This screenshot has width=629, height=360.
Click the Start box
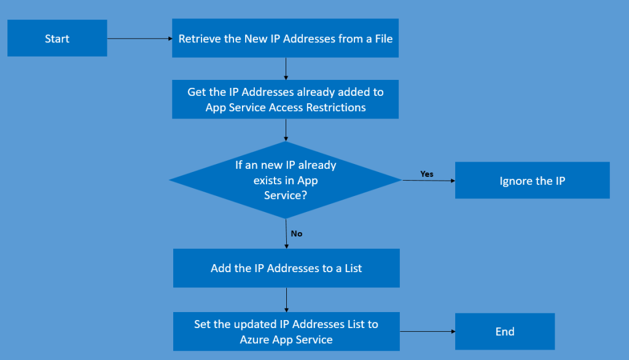click(57, 39)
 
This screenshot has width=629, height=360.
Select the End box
click(504, 332)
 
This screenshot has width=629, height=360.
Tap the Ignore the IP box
click(532, 181)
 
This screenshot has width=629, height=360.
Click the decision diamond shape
click(286, 180)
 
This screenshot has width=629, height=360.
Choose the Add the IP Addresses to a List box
click(286, 268)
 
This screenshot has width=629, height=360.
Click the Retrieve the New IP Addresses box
click(285, 39)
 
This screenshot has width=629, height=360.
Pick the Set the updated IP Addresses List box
click(286, 332)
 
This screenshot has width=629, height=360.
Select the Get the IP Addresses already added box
click(285, 100)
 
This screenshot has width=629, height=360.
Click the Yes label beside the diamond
click(426, 174)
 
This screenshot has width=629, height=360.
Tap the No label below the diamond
click(296, 233)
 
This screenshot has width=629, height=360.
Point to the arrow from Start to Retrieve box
click(139, 39)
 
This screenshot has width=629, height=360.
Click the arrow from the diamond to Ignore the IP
click(428, 181)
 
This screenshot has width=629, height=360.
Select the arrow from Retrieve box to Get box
click(286, 69)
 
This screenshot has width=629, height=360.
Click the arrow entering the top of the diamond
click(286, 130)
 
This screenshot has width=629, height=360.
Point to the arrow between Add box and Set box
click(286, 300)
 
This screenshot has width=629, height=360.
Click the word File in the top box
click(383, 39)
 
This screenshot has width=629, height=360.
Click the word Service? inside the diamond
click(286, 195)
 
